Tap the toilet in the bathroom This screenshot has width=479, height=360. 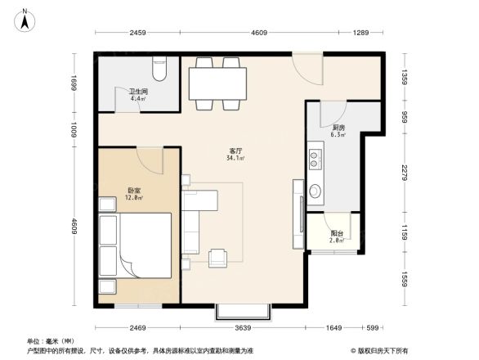(x=159, y=66)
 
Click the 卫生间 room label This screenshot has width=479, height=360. (x=137, y=93)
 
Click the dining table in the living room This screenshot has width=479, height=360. (x=217, y=82)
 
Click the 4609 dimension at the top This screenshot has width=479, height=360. (x=259, y=33)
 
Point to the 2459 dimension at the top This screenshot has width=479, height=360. (x=137, y=33)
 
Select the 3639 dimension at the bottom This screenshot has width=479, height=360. (x=244, y=328)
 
